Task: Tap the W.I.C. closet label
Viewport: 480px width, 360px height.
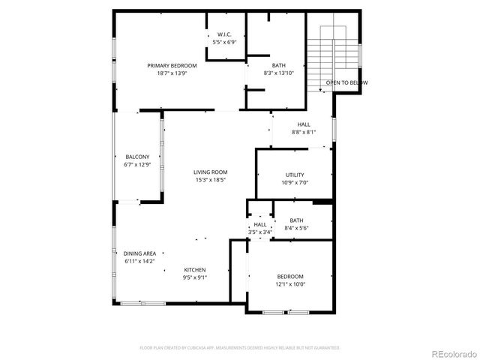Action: pos(223,34)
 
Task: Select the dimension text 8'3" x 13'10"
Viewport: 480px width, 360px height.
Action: pos(279,73)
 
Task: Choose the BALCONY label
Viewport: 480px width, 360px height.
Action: pos(137,157)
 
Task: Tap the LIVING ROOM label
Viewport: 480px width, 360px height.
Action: pos(210,172)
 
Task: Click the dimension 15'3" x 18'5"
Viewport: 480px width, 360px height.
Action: pos(210,180)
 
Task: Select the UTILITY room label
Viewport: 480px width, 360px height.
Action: pos(295,175)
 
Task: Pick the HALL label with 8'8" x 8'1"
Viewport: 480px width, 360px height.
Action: pos(304,124)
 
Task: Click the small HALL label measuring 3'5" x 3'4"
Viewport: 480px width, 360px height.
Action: pos(260,224)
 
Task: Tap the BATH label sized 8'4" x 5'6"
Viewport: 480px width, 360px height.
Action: pos(297,220)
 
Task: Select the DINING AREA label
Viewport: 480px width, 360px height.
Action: pos(139,253)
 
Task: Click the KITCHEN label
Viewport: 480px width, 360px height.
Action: pos(195,270)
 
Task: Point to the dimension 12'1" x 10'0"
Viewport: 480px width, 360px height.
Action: pos(290,283)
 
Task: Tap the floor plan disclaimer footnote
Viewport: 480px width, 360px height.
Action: pos(240,348)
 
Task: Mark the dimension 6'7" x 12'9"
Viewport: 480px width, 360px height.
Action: pos(137,164)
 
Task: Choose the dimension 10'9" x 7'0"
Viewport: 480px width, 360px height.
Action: pos(295,182)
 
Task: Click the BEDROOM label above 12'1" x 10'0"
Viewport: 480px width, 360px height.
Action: pos(290,276)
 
